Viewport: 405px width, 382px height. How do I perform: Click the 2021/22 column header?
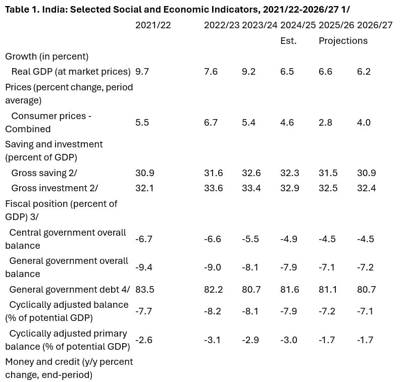click(153, 26)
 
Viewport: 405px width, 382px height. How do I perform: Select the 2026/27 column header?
click(375, 26)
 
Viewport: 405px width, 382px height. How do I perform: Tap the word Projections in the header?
click(343, 41)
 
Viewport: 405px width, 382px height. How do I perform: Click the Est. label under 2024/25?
click(288, 41)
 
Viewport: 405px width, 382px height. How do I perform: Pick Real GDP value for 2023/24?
click(249, 72)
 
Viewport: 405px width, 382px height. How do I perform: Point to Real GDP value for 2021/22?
click(142, 72)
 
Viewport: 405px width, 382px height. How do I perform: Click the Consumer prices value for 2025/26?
click(326, 123)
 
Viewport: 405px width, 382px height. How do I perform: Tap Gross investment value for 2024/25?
click(290, 188)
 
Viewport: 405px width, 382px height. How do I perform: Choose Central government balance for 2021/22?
click(144, 239)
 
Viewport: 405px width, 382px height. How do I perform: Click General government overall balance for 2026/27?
click(365, 267)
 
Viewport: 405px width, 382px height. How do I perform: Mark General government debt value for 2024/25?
click(290, 290)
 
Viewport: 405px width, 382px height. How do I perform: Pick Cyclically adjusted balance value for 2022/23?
click(213, 311)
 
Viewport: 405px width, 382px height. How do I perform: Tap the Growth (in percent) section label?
click(46, 57)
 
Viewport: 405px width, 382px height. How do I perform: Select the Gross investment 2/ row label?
click(55, 188)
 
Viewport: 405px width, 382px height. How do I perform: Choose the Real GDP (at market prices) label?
click(71, 72)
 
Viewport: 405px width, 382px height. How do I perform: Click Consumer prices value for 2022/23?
click(211, 123)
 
